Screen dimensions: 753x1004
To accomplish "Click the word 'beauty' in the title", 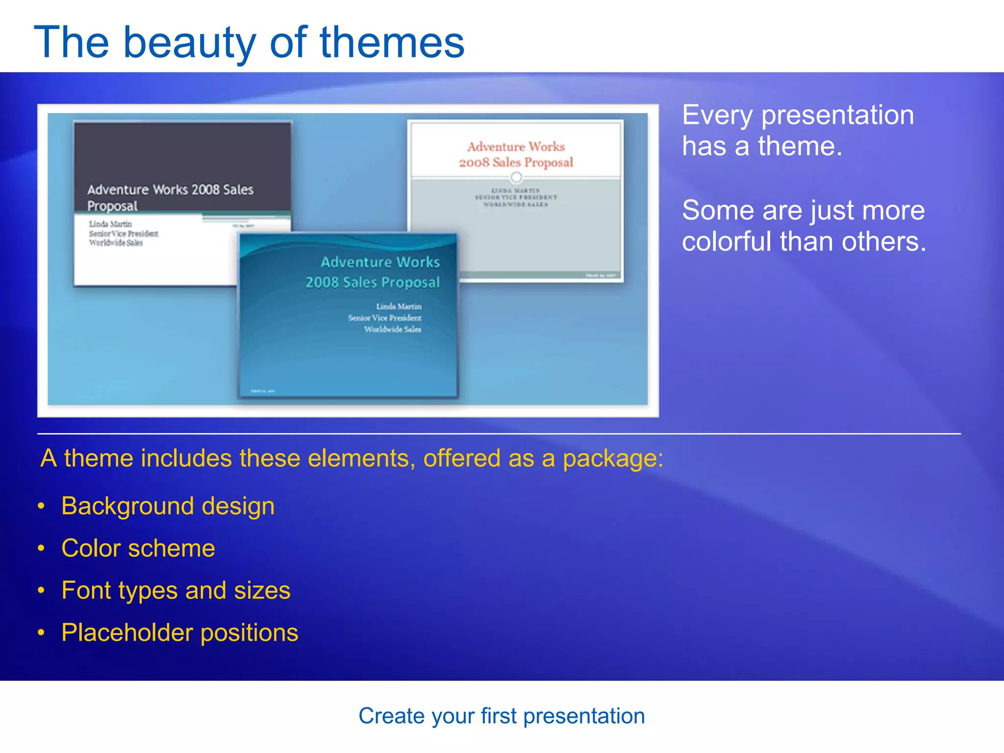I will click(189, 43).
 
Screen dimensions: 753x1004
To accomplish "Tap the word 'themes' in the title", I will click(392, 43).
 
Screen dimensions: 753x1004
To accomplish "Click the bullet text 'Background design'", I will click(168, 506).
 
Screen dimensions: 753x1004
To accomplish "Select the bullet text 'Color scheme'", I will click(138, 548).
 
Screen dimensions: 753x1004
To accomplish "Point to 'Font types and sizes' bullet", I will click(176, 590).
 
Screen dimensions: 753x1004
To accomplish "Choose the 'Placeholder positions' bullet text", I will click(179, 632).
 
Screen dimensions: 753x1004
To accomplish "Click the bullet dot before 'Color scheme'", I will click(42, 548).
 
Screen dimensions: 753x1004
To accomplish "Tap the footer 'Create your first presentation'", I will click(502, 716).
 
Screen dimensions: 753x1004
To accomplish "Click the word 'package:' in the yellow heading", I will click(613, 458).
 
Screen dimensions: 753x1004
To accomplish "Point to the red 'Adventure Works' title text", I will click(516, 147).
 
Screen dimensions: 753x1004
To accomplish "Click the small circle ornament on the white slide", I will click(516, 177).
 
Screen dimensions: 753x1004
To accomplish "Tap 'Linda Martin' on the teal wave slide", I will click(399, 306).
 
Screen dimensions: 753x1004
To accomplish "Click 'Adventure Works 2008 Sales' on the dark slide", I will click(170, 190).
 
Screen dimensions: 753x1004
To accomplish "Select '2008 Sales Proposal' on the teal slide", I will click(373, 282).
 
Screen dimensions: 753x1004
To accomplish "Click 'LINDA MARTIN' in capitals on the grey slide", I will click(516, 190).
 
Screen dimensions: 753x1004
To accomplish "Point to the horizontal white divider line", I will click(499, 434).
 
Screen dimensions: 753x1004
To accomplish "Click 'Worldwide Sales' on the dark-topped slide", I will click(116, 243).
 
